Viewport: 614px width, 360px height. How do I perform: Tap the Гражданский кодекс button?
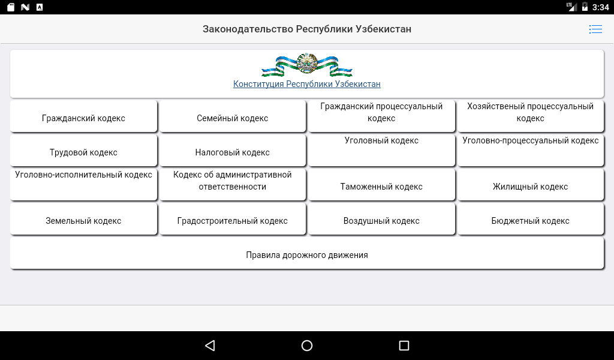(83, 116)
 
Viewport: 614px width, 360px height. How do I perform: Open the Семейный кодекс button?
(233, 116)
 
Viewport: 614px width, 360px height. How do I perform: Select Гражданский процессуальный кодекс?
(381, 116)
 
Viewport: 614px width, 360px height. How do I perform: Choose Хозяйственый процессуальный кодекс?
(531, 116)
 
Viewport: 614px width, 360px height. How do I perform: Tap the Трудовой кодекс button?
(83, 151)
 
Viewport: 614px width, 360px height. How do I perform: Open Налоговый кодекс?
(233, 151)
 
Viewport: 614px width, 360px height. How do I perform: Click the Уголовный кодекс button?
(381, 151)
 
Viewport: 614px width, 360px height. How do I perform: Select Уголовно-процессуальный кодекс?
(531, 151)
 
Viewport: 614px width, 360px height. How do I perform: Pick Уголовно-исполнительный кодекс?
(83, 185)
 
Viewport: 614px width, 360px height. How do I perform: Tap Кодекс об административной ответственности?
(233, 185)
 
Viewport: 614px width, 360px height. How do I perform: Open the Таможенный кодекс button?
(381, 185)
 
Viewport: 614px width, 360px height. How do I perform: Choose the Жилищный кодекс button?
(531, 185)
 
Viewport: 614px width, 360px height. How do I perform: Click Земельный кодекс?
(83, 218)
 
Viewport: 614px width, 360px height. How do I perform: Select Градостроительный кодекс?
(233, 218)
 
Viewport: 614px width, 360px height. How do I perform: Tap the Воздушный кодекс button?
(381, 218)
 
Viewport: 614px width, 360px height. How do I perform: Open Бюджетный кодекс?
(531, 218)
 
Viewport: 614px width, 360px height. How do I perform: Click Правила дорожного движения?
(307, 253)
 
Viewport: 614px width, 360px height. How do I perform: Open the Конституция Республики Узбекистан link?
(307, 84)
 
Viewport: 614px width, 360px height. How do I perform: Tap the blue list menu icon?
(595, 29)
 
